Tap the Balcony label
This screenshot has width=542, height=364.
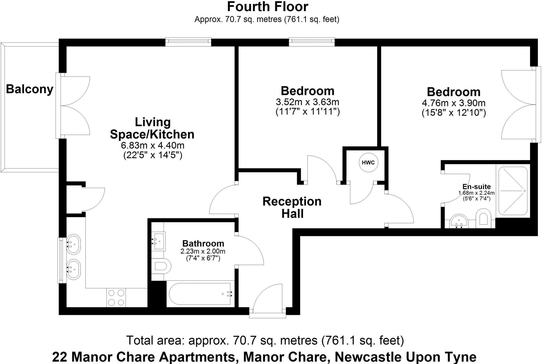(30, 89)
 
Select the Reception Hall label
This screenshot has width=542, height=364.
(292, 207)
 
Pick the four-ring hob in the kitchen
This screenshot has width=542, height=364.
(116, 298)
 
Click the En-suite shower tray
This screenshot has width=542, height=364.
(513, 191)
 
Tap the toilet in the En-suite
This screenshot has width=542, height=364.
(483, 218)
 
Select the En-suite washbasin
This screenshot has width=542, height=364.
(459, 221)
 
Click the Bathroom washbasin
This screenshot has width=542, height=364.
(158, 241)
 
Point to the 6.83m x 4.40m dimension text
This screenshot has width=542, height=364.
(152, 145)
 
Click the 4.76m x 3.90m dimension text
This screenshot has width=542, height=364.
(454, 103)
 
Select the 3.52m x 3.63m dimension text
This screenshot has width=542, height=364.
(308, 102)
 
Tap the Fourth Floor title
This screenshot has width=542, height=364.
(268, 7)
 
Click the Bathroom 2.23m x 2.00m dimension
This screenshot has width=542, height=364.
(203, 251)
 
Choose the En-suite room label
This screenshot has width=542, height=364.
(476, 186)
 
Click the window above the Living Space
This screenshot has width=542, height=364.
(188, 42)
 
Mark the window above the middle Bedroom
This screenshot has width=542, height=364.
(312, 42)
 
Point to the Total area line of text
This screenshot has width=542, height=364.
(265, 340)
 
